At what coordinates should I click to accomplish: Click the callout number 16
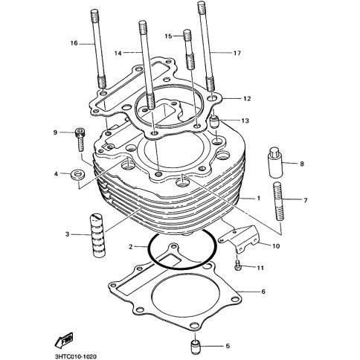pyautogui.click(x=74, y=43)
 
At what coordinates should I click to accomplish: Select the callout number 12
pyautogui.click(x=247, y=98)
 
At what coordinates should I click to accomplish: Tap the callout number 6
pyautogui.click(x=263, y=292)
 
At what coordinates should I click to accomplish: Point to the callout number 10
pyautogui.click(x=276, y=246)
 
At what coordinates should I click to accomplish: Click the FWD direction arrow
pyautogui.click(x=64, y=341)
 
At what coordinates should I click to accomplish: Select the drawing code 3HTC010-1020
pyautogui.click(x=75, y=356)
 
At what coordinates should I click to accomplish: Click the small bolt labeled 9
pyautogui.click(x=80, y=139)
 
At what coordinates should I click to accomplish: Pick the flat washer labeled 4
pyautogui.click(x=78, y=174)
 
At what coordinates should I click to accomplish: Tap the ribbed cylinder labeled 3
pyautogui.click(x=99, y=235)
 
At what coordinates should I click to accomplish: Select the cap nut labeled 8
pyautogui.click(x=275, y=163)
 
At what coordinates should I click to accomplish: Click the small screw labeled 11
pyautogui.click(x=237, y=265)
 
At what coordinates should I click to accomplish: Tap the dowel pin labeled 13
pyautogui.click(x=214, y=122)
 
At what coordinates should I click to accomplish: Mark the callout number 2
pyautogui.click(x=131, y=247)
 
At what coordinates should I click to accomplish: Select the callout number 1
pyautogui.click(x=259, y=198)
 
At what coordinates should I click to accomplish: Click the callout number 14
pyautogui.click(x=118, y=53)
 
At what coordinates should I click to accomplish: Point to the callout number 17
pyautogui.click(x=237, y=53)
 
